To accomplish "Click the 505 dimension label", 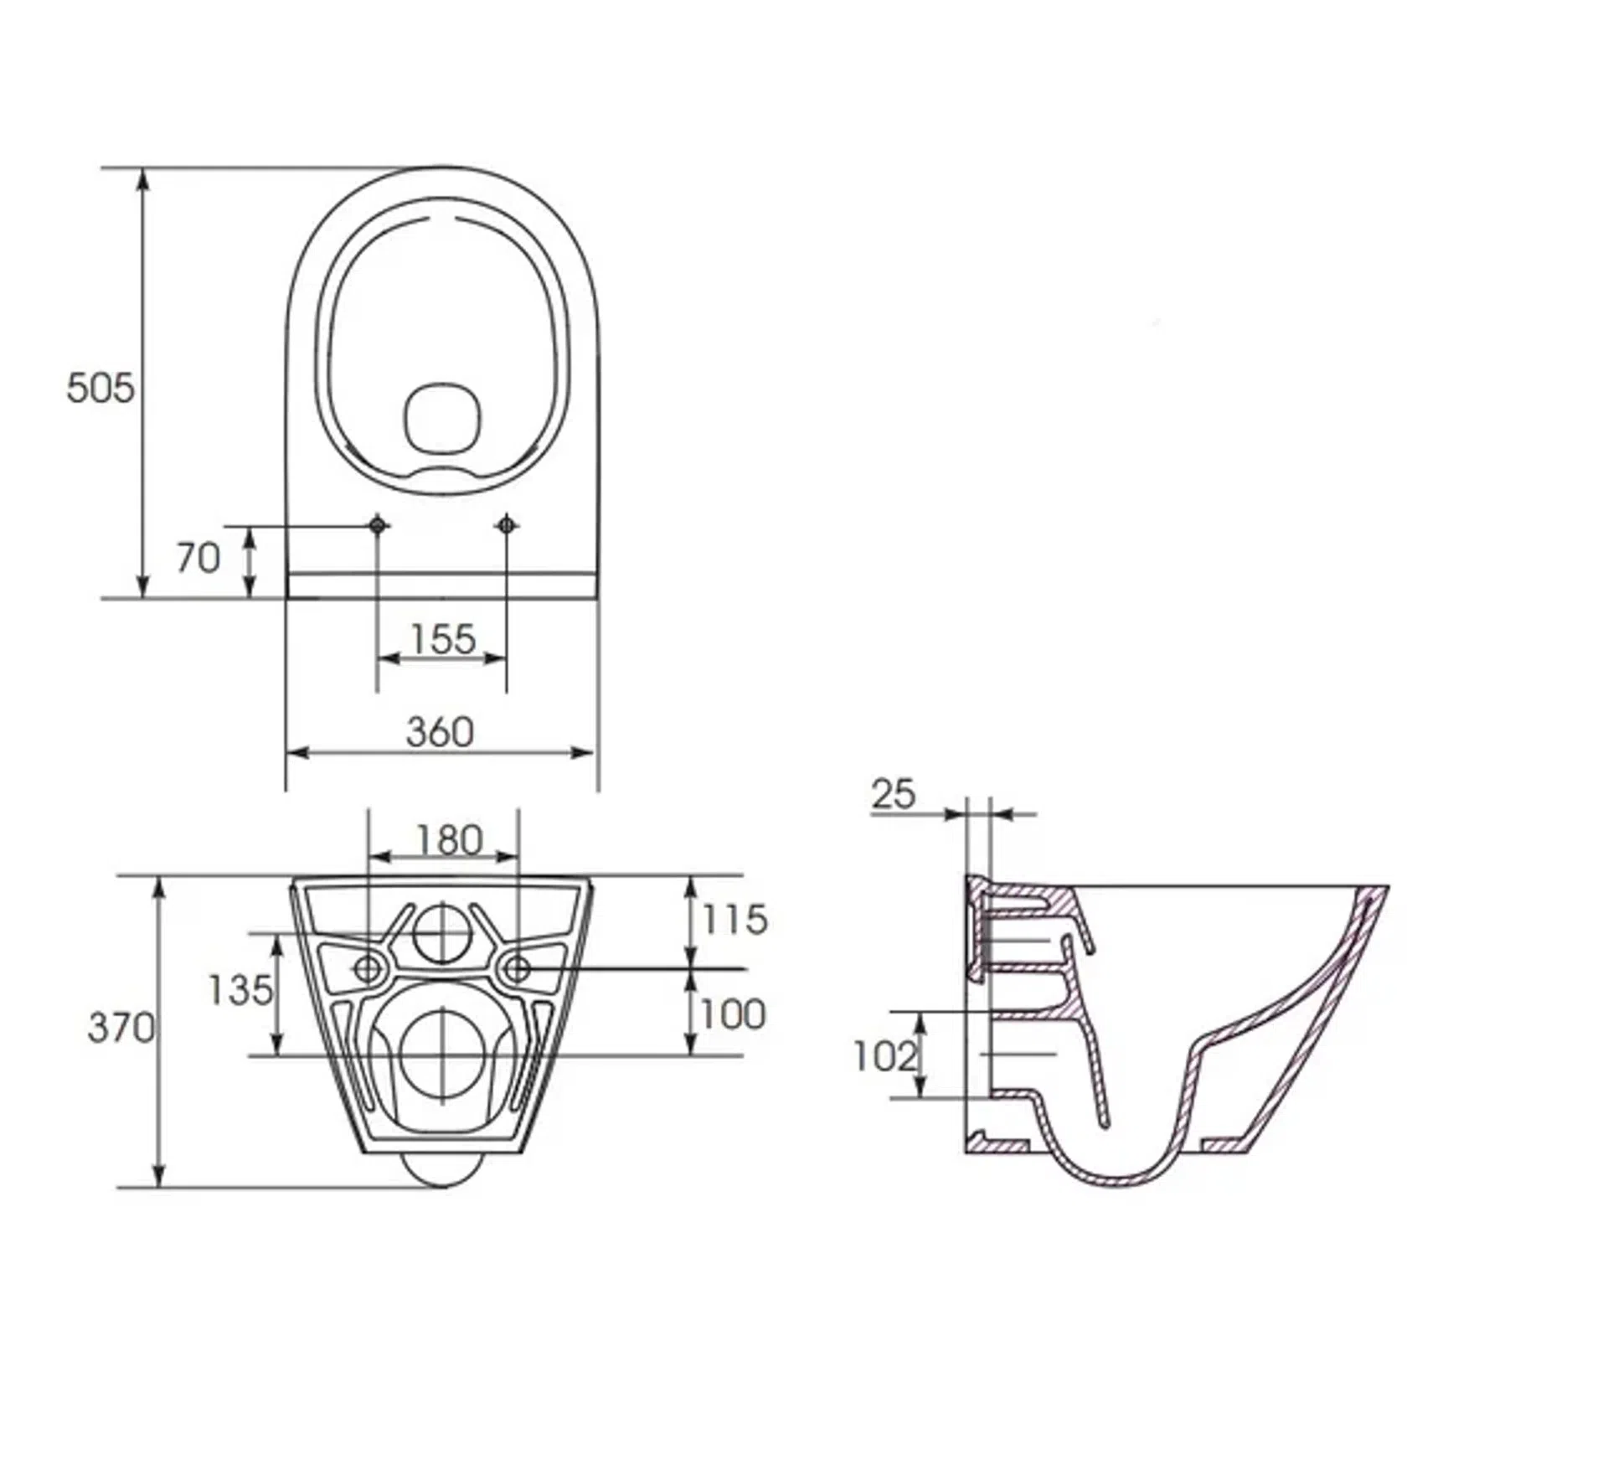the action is tap(100, 388).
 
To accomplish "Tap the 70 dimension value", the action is tap(198, 558).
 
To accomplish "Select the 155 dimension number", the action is tap(443, 639).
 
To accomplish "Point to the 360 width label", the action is tap(440, 732).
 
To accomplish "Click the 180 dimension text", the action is tap(450, 840).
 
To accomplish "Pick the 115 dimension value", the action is tap(735, 920).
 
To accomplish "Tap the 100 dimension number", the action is tap(733, 1014).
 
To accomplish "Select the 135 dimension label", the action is tap(240, 990).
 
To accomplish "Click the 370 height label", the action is tap(121, 1028).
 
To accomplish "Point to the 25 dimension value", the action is tap(894, 794).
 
